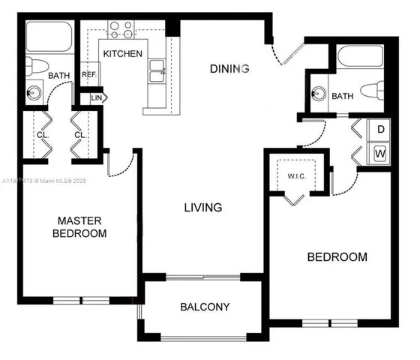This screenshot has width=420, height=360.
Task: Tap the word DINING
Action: click(x=229, y=69)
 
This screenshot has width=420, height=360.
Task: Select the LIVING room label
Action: click(x=203, y=207)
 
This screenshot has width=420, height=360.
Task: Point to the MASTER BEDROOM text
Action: click(x=79, y=227)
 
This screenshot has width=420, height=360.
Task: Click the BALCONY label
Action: click(x=204, y=307)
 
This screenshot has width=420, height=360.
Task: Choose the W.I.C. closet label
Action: click(x=294, y=178)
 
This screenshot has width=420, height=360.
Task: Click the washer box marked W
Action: click(x=381, y=153)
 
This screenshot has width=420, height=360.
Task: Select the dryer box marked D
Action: click(x=381, y=130)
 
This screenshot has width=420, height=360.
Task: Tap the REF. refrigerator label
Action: click(x=88, y=74)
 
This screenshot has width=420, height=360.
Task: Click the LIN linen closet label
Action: click(x=97, y=97)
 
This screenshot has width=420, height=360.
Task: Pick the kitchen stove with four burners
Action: click(x=121, y=30)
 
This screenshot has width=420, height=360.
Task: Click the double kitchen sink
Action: click(x=157, y=71)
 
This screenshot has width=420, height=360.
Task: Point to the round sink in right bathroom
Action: click(x=319, y=94)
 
